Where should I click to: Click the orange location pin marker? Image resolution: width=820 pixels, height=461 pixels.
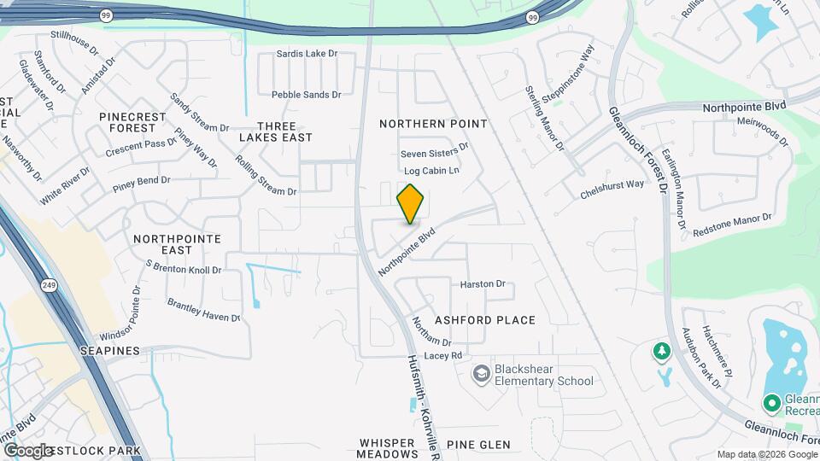(x=411, y=203)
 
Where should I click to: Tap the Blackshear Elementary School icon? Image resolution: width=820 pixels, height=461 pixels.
(x=483, y=374)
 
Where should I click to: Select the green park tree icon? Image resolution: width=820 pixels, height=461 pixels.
(x=660, y=351)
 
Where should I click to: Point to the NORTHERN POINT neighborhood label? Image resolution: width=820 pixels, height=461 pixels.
(x=433, y=124)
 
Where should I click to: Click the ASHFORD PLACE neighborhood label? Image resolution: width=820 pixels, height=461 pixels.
(x=485, y=320)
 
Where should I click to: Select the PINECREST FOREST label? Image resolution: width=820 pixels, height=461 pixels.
(x=127, y=121)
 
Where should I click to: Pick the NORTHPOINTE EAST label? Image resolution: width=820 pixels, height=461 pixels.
(x=177, y=244)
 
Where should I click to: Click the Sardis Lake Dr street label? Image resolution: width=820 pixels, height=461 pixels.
(x=307, y=54)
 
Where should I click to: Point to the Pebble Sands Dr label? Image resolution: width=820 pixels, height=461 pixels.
(x=306, y=95)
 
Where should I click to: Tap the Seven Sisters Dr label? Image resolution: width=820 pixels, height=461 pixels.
(x=436, y=151)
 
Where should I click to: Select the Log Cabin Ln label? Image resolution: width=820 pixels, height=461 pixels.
(x=431, y=171)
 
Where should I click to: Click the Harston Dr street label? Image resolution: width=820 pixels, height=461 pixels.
(x=483, y=284)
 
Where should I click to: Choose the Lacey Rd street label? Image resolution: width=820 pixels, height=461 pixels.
(x=442, y=355)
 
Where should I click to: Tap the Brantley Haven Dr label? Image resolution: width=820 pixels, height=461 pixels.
(x=204, y=310)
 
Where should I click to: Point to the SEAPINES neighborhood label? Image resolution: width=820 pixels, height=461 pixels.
(x=110, y=351)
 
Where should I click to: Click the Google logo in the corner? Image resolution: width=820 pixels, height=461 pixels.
(x=29, y=450)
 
